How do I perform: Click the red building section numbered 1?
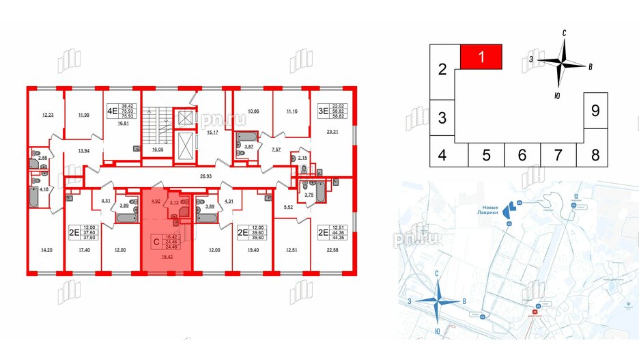pos(482,56)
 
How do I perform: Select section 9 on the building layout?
pos(595,110)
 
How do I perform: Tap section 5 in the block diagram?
pos(486,155)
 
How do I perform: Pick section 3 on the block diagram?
pos(442,117)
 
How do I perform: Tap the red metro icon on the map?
pos(536,315)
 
